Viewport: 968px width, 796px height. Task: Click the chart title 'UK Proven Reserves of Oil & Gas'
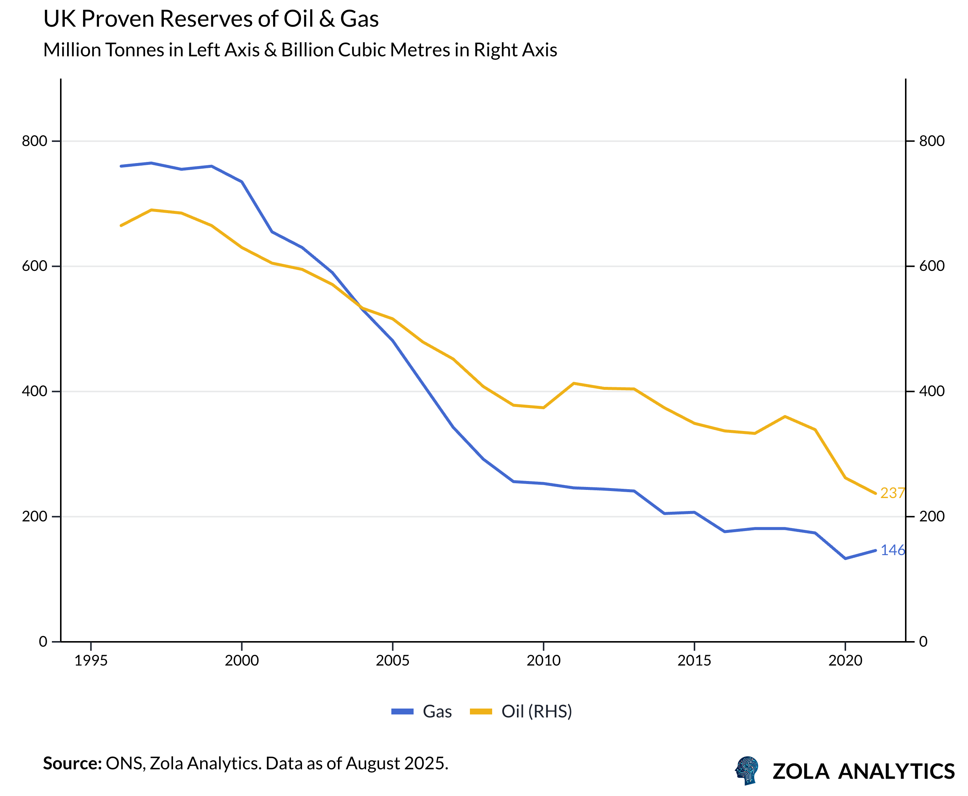click(x=211, y=19)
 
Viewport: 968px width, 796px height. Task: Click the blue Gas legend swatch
click(x=402, y=712)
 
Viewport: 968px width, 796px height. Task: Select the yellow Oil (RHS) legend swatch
click(x=481, y=712)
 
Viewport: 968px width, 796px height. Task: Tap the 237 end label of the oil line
click(x=892, y=493)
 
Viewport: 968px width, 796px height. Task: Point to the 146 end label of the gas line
click(x=892, y=550)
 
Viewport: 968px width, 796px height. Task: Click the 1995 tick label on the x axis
click(x=91, y=661)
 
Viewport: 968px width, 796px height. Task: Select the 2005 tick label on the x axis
click(x=392, y=661)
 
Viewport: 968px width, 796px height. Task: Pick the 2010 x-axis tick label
click(x=543, y=661)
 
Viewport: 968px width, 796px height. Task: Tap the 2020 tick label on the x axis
click(x=845, y=661)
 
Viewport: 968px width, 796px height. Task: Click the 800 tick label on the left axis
click(x=34, y=141)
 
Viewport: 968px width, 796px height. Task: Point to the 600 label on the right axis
click(x=932, y=266)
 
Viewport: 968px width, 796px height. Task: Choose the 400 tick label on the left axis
click(x=34, y=391)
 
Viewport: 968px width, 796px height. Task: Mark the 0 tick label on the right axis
click(x=924, y=641)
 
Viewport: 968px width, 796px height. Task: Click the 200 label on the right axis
click(x=932, y=516)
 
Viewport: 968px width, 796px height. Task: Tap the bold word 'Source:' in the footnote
click(x=72, y=763)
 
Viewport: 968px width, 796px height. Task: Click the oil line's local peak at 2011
click(x=574, y=383)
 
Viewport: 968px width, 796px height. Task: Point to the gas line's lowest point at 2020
click(x=845, y=558)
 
